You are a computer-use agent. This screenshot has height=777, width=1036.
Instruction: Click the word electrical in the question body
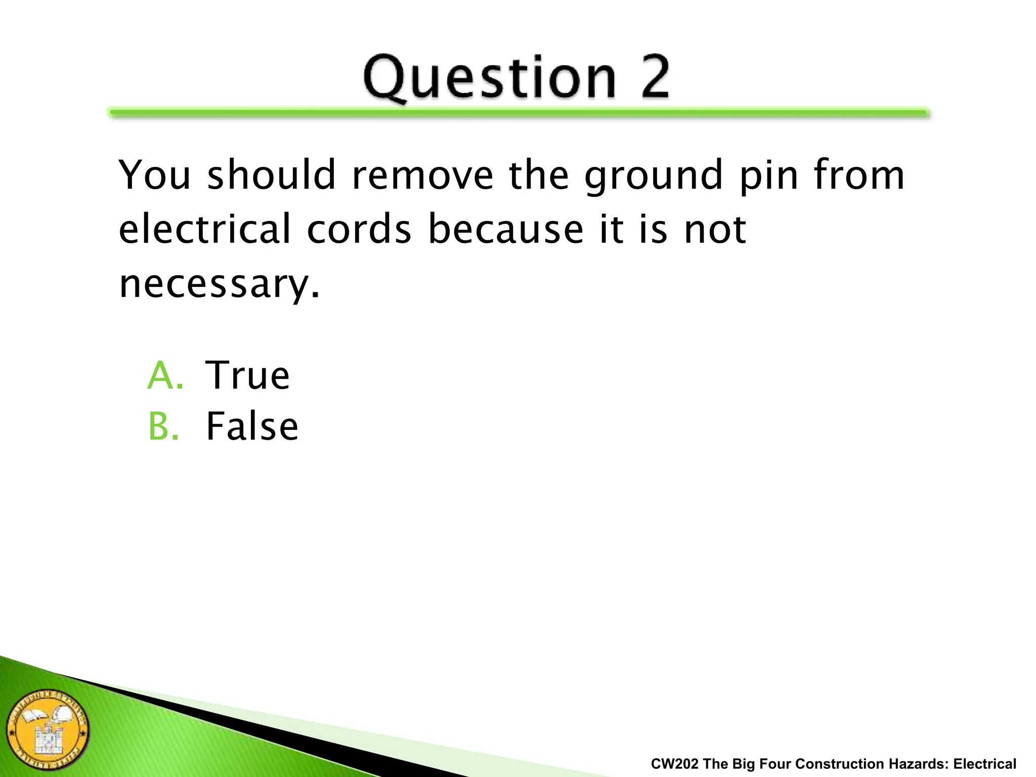pyautogui.click(x=205, y=229)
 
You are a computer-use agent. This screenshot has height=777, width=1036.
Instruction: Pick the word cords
pyautogui.click(x=359, y=229)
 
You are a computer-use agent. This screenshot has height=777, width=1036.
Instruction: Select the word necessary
pyautogui.click(x=219, y=285)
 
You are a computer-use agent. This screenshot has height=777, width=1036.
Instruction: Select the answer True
pyautogui.click(x=247, y=375)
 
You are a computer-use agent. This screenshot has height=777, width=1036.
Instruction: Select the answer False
pyautogui.click(x=252, y=426)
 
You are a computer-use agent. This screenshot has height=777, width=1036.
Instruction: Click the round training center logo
pyautogui.click(x=48, y=730)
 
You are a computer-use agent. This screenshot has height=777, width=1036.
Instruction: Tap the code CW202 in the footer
pyautogui.click(x=674, y=764)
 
